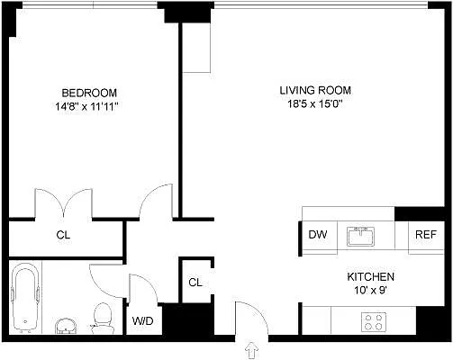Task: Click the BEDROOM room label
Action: coord(89,93)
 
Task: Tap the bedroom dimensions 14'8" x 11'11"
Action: coord(89,106)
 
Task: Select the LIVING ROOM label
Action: coord(314,90)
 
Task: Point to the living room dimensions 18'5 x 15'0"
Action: coord(314,104)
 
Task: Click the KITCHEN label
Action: coord(370,277)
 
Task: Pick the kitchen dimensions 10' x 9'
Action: coord(370,291)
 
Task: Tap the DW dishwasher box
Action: coord(317,235)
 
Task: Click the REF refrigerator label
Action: coord(425,235)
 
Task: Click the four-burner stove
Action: coord(373,320)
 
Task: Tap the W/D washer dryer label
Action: coord(142,320)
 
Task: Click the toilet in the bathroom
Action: coord(103,316)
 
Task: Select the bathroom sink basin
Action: coord(65,323)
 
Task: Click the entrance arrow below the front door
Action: coord(249,348)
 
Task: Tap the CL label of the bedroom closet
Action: coord(63,236)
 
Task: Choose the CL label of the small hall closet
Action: coord(195,282)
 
